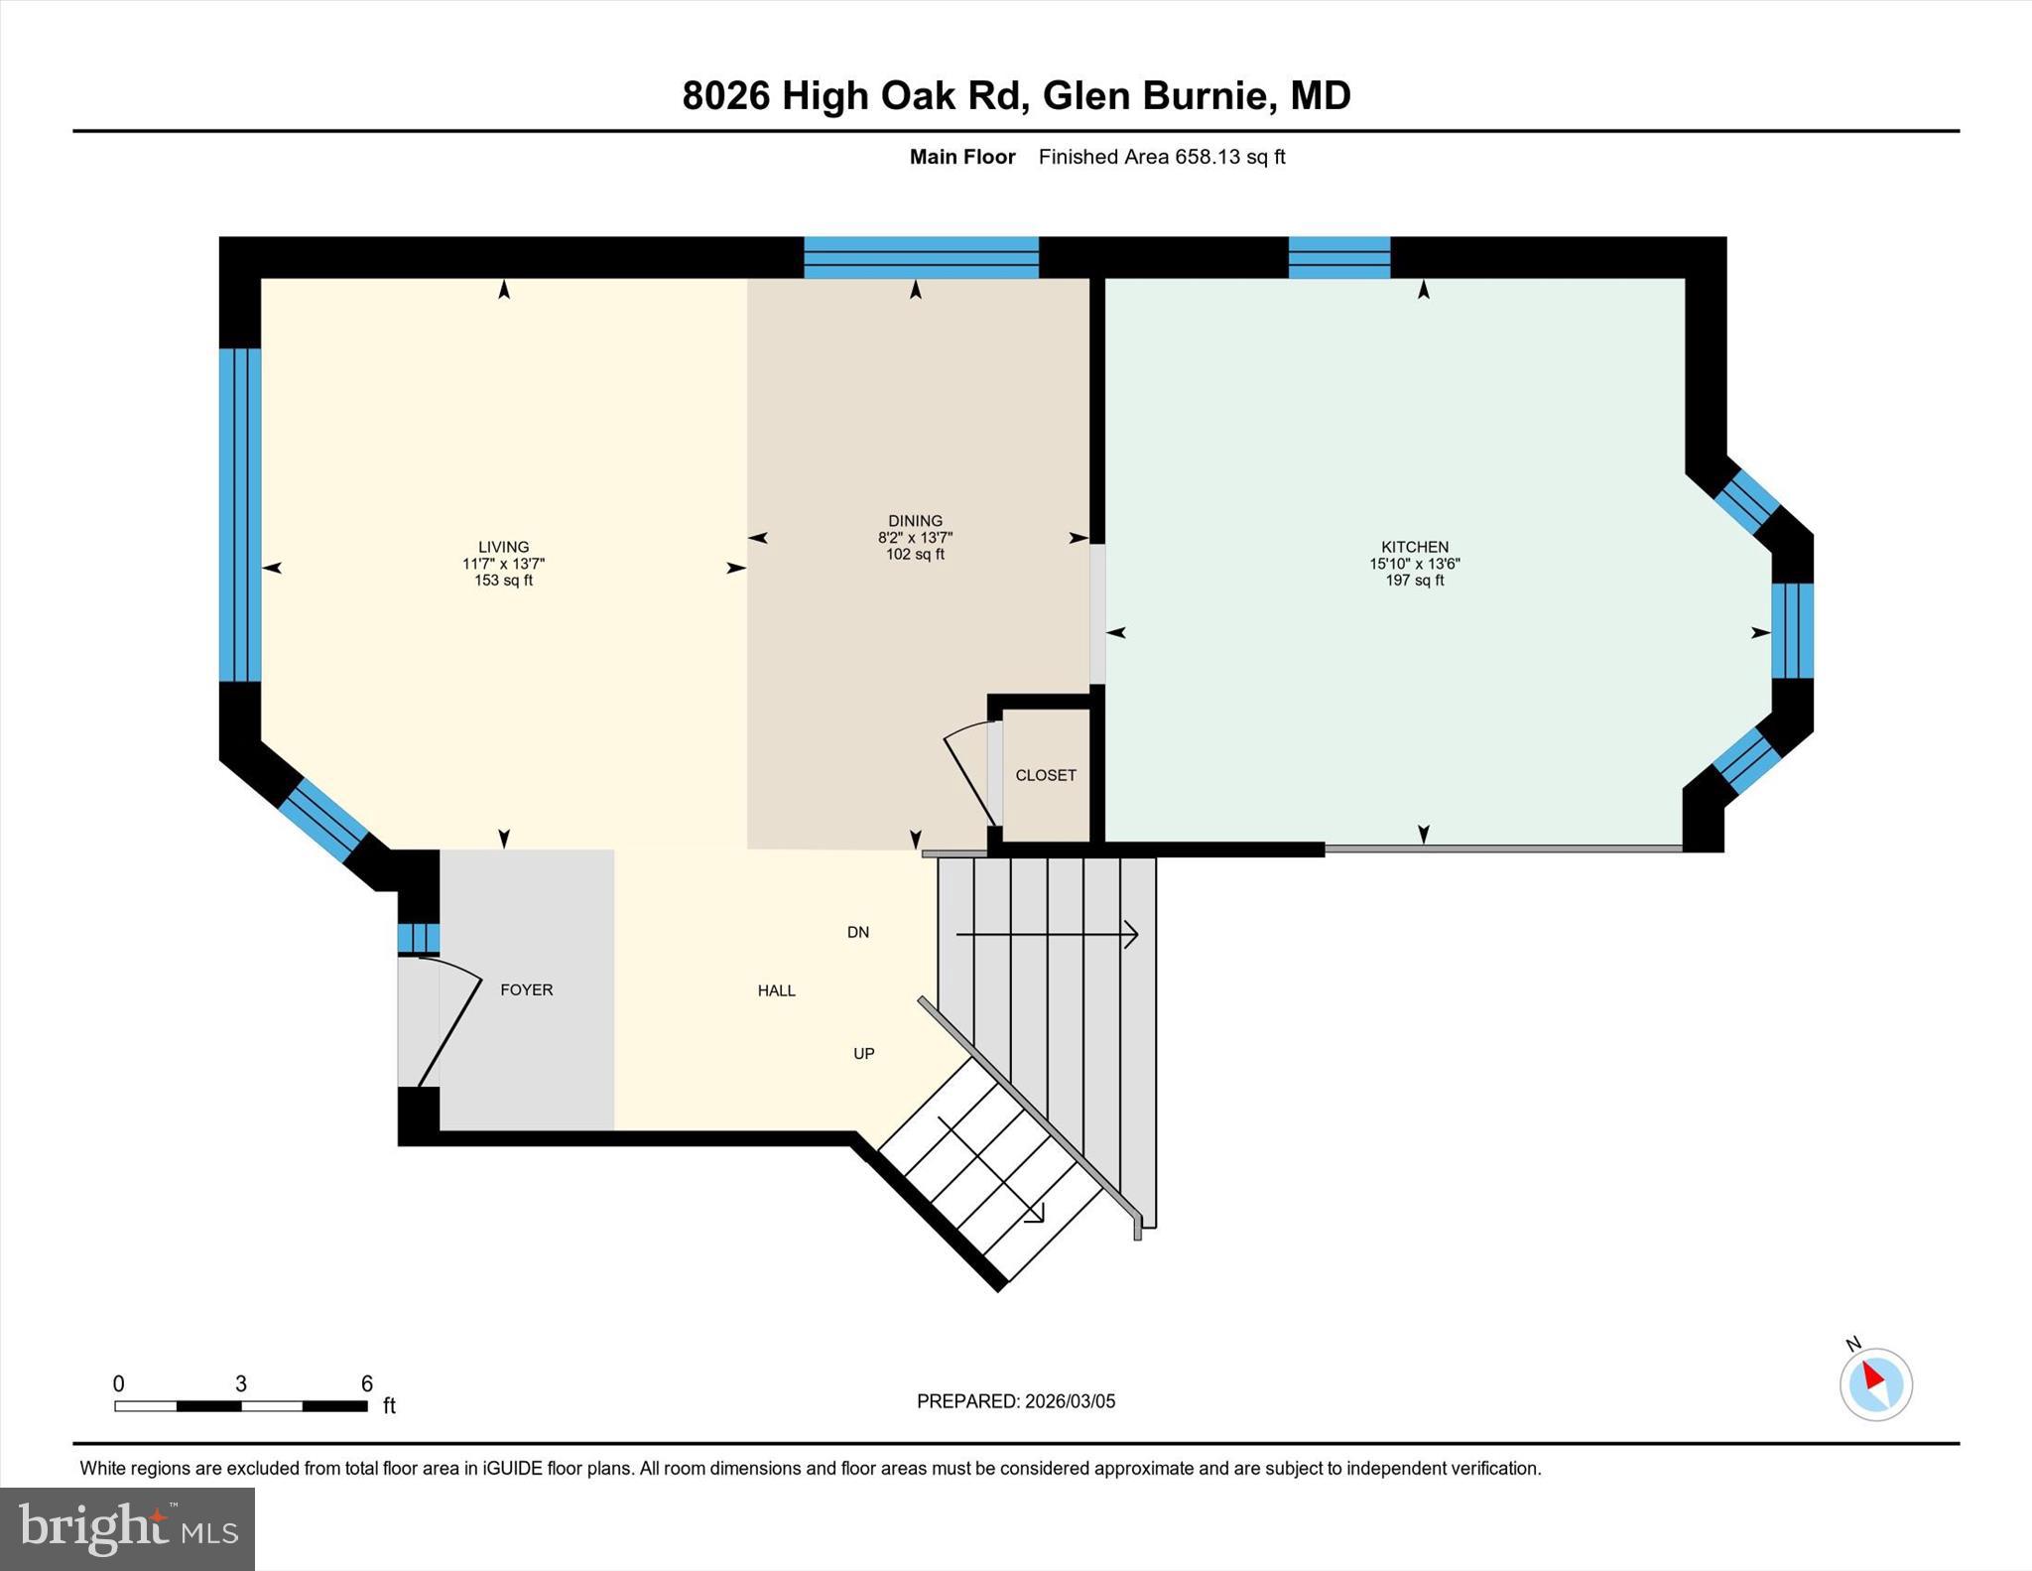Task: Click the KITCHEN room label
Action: coord(1414,547)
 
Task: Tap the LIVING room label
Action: coord(503,547)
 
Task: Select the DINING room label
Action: coord(915,521)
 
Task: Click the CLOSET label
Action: coord(1046,775)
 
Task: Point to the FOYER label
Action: coord(526,989)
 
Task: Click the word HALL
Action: coord(776,990)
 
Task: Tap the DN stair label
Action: coord(858,932)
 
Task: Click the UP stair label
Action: coord(863,1053)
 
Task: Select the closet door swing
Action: coord(967,774)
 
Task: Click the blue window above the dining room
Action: coord(920,257)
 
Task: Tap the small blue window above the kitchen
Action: coord(1338,257)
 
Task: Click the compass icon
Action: coord(1875,1383)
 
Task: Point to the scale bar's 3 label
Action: coord(240,1383)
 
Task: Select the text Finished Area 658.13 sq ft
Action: coord(1161,157)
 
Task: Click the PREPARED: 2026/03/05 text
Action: coord(1015,1401)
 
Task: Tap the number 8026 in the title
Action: coord(725,96)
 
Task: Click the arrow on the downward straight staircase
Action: coord(1047,934)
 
